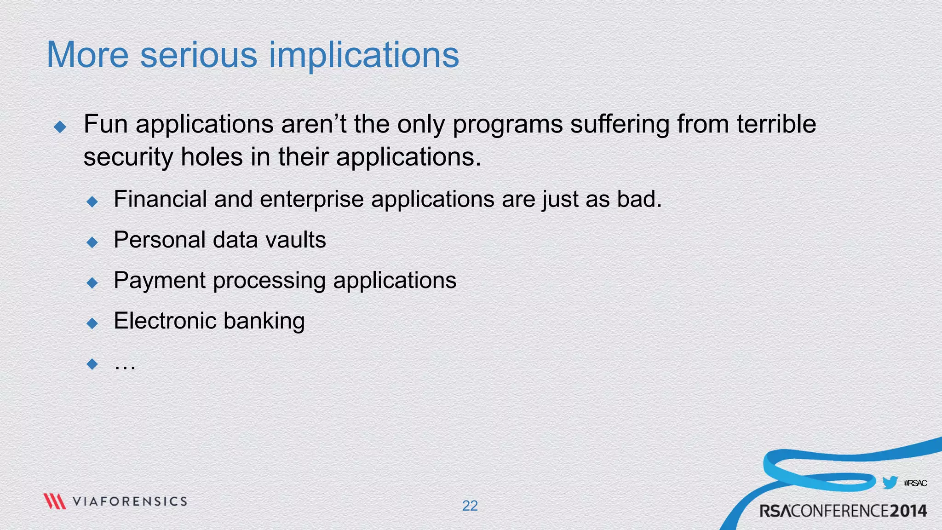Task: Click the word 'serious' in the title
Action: (x=199, y=55)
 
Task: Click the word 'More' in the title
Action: (x=87, y=55)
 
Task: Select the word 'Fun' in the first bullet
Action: (x=105, y=124)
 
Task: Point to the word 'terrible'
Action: (x=776, y=124)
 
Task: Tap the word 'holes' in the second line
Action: (x=212, y=157)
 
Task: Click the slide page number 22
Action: (x=470, y=506)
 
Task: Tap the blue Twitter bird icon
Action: (x=890, y=483)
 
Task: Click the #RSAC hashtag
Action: (x=915, y=483)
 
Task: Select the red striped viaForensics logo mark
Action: (x=54, y=501)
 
